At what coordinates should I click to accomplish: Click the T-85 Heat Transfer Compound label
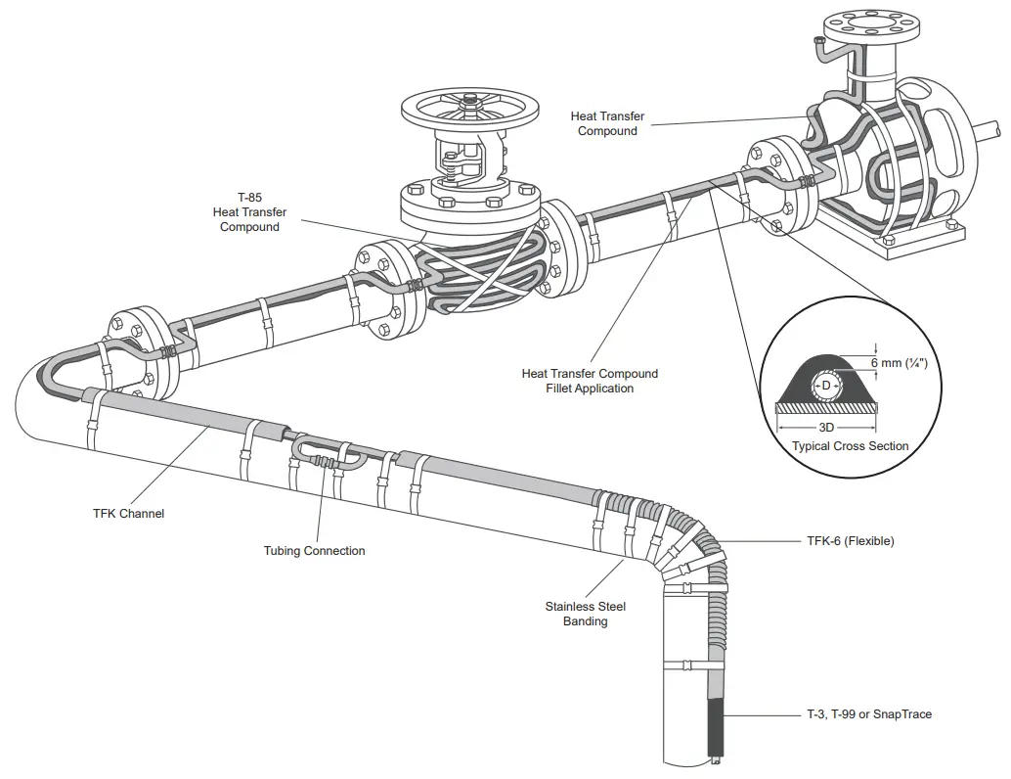(x=249, y=212)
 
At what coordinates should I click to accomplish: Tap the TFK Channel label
(x=128, y=514)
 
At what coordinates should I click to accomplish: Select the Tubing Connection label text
(x=314, y=551)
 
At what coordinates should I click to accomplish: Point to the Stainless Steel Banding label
(x=585, y=614)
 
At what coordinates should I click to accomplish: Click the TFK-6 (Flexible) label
(x=850, y=541)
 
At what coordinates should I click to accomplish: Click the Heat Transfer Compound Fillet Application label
(x=590, y=381)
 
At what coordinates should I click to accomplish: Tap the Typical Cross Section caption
(x=850, y=446)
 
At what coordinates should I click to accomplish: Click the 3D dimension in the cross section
(x=826, y=427)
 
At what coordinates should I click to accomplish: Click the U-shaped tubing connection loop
(x=330, y=451)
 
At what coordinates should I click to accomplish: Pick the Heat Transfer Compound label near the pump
(x=607, y=123)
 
